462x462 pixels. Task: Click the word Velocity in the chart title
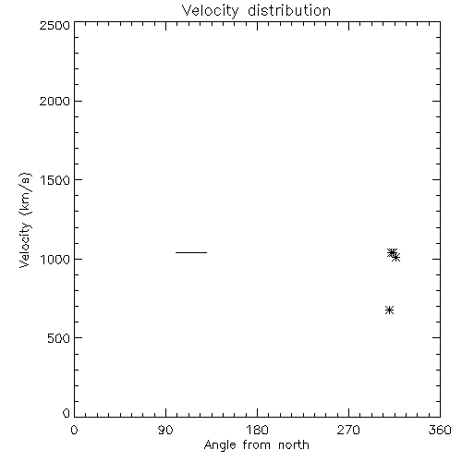pos(210,11)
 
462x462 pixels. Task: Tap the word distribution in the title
pos(289,10)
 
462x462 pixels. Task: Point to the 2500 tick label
pos(55,25)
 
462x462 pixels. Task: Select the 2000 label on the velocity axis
pos(55,101)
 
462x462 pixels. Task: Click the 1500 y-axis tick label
pos(55,180)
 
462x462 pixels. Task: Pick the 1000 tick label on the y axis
pos(55,260)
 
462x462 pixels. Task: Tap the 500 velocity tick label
pos(59,338)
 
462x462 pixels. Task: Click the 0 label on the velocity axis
pos(67,413)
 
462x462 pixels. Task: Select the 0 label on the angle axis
pos(74,430)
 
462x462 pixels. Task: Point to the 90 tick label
pos(165,430)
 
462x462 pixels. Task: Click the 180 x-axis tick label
pos(257,430)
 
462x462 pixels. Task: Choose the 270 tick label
pos(348,430)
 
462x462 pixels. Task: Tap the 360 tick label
pos(440,430)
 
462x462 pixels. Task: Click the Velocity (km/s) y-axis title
pos(25,220)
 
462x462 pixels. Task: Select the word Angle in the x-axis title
pos(220,445)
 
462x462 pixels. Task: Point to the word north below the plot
pos(294,445)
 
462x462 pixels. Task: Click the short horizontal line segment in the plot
pos(191,252)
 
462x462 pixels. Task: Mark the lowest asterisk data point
pos(389,310)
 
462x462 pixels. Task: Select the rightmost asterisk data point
pos(396,257)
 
